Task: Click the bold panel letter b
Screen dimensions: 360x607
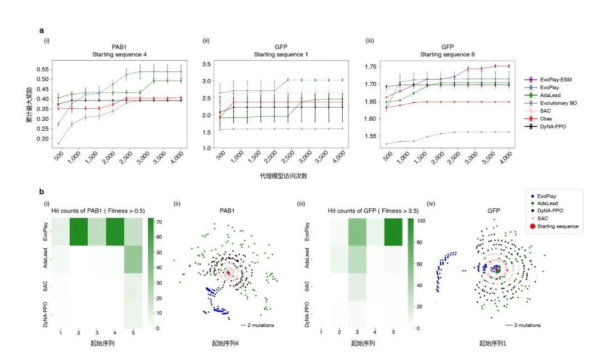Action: (41, 192)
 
